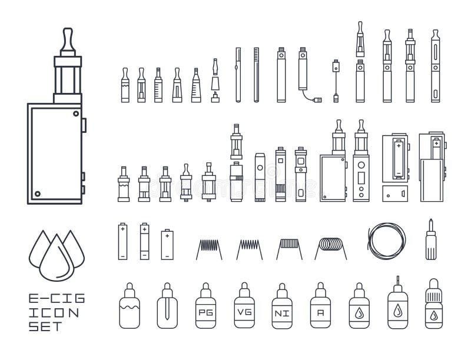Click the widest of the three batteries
click(x=167, y=241)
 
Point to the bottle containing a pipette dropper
click(x=167, y=306)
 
